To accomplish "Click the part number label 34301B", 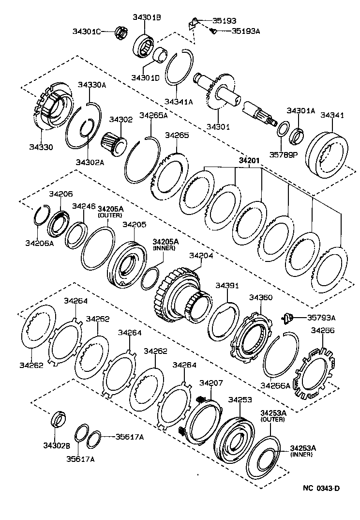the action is [x=147, y=17].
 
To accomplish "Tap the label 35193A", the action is [x=246, y=31].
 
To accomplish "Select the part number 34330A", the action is [x=92, y=85].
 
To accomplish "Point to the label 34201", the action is [x=249, y=161].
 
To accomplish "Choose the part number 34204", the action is [x=201, y=255].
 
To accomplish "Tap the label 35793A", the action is [x=321, y=318].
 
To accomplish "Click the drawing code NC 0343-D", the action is [x=321, y=488].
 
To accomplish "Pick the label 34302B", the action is [x=56, y=445].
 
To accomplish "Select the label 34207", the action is [x=211, y=382].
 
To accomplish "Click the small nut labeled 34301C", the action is [x=121, y=32].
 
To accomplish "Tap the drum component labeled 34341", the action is [x=327, y=155].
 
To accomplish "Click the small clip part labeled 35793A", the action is [x=287, y=318].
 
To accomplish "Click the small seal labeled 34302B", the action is [x=59, y=419].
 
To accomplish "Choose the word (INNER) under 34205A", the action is [x=164, y=248].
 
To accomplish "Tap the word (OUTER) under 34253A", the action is [x=272, y=419].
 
